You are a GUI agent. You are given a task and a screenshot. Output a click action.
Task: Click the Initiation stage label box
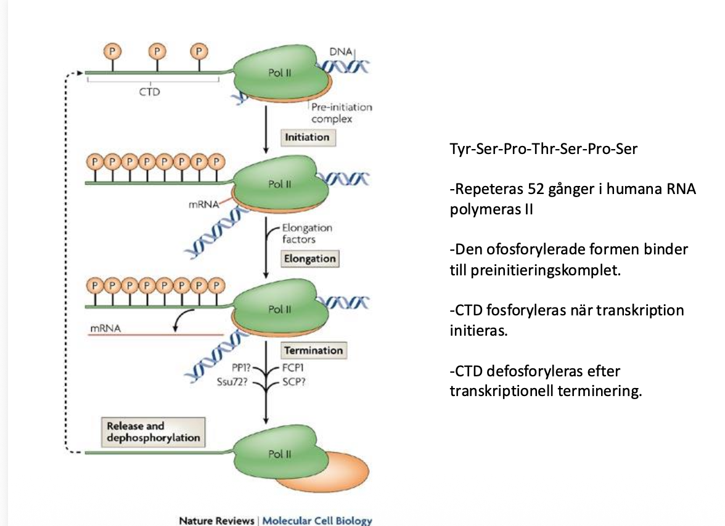pos(307,137)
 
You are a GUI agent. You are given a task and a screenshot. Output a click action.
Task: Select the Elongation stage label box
pos(310,259)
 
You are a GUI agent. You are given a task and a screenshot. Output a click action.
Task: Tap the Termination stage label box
pos(313,350)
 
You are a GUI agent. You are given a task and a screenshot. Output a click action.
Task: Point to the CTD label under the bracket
pos(150,92)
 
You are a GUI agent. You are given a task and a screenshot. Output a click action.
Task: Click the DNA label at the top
pos(341,53)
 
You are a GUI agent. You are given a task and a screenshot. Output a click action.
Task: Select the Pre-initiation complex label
pos(341,113)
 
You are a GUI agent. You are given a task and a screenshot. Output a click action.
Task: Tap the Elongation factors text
pos(306,233)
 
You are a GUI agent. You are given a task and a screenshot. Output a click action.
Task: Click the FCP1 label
pos(293,369)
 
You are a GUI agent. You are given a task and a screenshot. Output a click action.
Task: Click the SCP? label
pos(293,381)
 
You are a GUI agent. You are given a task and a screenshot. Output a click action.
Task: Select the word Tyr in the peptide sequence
pos(460,149)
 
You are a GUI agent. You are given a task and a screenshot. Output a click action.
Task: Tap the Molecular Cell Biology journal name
pos(317,521)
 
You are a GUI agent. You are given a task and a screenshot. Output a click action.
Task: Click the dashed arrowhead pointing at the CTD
pos(81,72)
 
